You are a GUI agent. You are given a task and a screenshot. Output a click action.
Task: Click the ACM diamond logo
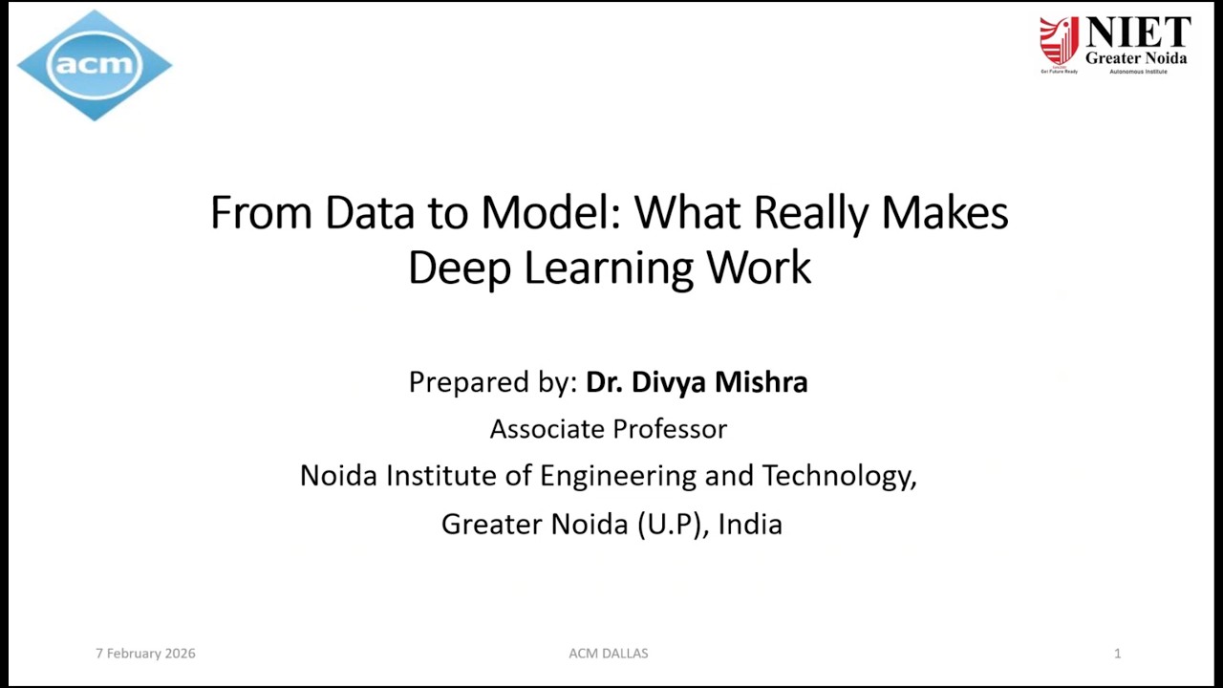[x=94, y=65]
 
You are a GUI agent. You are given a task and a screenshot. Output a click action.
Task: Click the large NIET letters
[x=1137, y=33]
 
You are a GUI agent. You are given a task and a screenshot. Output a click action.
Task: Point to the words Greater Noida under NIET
[x=1136, y=58]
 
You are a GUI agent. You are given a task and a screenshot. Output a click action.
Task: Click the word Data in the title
[x=369, y=212]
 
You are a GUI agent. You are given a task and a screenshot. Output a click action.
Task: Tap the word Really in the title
[x=811, y=212]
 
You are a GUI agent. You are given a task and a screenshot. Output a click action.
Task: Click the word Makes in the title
[x=944, y=212]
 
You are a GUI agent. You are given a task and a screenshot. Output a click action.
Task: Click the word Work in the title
[x=759, y=268]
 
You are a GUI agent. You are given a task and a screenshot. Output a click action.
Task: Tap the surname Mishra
[x=761, y=382]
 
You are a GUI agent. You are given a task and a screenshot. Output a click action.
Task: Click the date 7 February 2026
[x=145, y=654]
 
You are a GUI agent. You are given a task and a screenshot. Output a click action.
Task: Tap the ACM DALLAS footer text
[x=609, y=654]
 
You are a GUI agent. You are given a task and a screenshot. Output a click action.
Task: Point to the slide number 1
[x=1117, y=654]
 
